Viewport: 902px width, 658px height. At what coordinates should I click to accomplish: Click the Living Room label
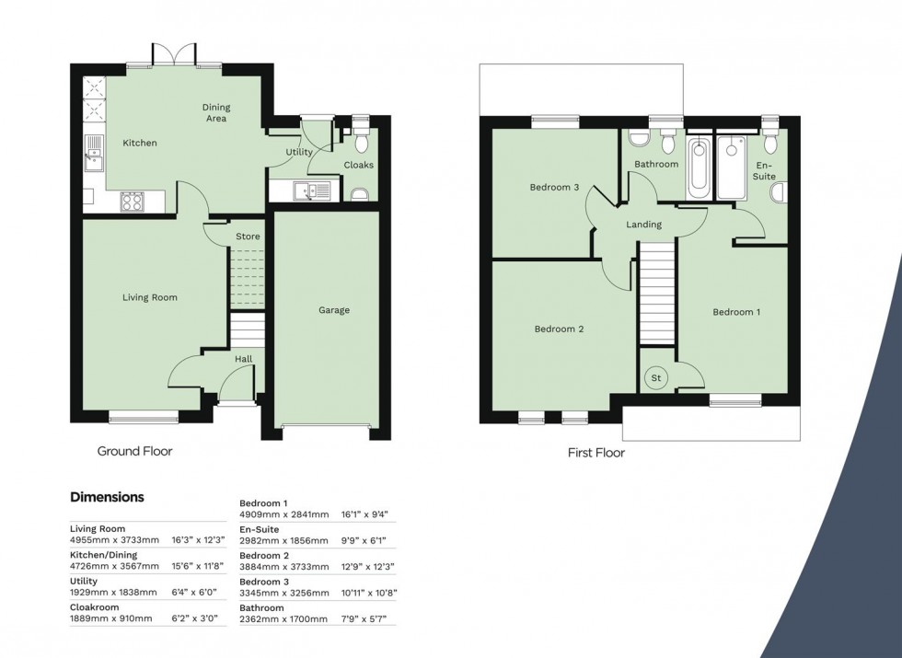pos(150,297)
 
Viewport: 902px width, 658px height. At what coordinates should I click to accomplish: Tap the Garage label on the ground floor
pos(334,310)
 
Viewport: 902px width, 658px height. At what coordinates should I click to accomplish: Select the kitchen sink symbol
pos(94,153)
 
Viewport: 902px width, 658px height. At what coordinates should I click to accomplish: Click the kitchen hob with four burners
pos(132,200)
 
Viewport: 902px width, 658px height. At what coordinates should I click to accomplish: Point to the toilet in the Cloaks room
pos(360,140)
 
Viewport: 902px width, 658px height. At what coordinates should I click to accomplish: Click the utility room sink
pos(305,190)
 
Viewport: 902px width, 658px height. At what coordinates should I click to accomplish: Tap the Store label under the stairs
pos(248,237)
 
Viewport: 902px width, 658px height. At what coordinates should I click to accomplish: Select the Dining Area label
pos(215,112)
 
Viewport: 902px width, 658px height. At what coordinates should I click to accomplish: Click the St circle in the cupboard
pos(657,377)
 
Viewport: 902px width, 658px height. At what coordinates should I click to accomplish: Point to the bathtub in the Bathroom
pos(698,167)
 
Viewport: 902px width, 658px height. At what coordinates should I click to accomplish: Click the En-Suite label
pos(764,169)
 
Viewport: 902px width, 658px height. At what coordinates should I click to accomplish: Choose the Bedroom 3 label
pos(554,188)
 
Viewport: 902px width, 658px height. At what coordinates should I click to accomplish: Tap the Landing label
pos(643,225)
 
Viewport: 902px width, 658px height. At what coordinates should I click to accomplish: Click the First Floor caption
pos(596,453)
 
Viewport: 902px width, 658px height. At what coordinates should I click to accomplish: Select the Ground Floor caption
pos(135,451)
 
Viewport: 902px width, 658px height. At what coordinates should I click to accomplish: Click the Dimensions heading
pos(107,497)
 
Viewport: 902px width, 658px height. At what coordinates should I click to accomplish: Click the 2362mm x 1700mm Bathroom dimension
pos(283,619)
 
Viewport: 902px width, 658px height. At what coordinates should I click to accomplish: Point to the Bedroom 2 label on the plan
pos(560,329)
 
